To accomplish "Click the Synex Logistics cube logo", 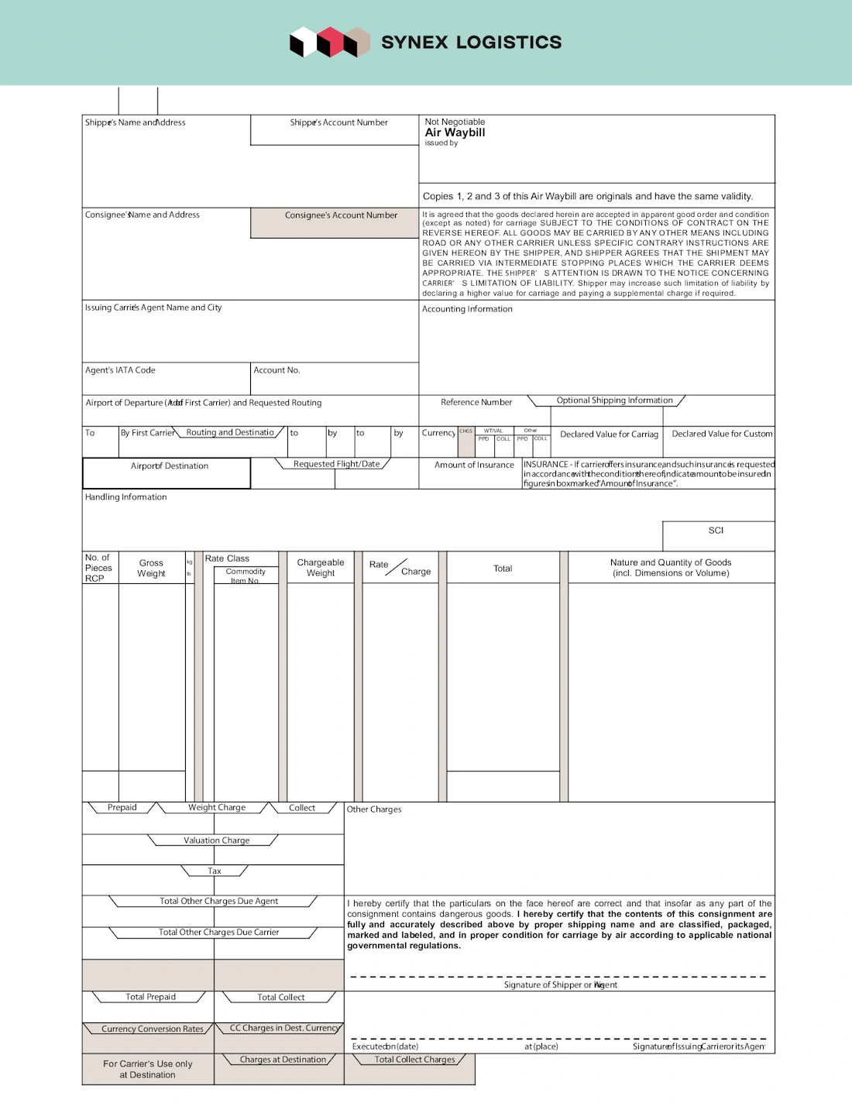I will [x=329, y=43].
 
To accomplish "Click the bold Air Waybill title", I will [x=455, y=132].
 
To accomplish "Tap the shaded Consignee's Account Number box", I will [x=335, y=222].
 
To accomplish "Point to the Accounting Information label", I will [x=467, y=309].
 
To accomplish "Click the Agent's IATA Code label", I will [x=120, y=370].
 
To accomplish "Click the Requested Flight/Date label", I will [x=336, y=464].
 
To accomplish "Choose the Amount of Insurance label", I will [x=474, y=465].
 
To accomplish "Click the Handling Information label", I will [x=125, y=497].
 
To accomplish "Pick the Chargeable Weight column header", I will [x=321, y=568].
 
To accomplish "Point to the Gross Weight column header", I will [x=151, y=568].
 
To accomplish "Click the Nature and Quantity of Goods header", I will [x=671, y=568].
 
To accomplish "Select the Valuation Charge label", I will [x=216, y=840].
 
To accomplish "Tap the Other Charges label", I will [x=374, y=809].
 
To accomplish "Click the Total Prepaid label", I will [x=150, y=997].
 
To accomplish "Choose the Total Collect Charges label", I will [x=414, y=1060].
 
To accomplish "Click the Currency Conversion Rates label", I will [x=152, y=1029].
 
